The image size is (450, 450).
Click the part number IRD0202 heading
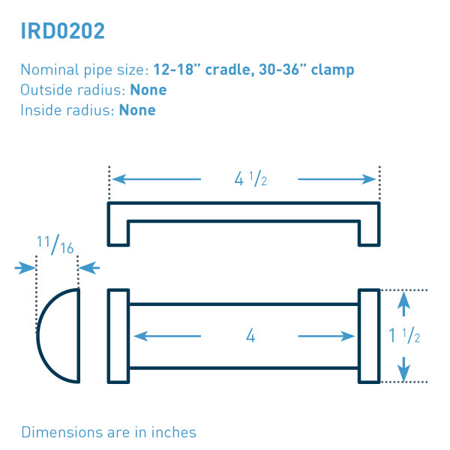click(x=63, y=31)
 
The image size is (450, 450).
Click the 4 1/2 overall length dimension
click(x=250, y=180)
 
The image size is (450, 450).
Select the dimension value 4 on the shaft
click(x=250, y=336)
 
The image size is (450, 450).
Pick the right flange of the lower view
click(x=369, y=335)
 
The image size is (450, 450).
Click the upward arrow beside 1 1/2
click(x=404, y=304)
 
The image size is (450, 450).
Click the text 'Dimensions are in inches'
click(x=109, y=432)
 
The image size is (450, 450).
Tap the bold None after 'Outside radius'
click(x=148, y=90)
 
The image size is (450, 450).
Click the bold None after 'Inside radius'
click(x=137, y=110)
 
